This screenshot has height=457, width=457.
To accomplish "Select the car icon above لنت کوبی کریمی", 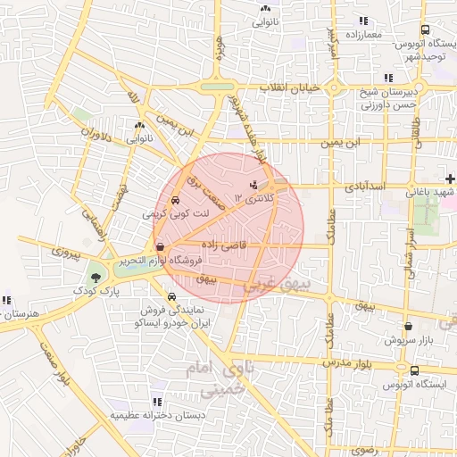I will coord(174,202).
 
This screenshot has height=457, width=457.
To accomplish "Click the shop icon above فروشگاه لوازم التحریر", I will coord(160,247).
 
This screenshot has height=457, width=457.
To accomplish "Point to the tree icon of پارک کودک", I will coord(96,278).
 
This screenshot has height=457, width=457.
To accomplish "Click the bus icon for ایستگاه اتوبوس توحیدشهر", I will coord(425,29).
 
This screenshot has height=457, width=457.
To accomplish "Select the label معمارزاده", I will coord(361,34).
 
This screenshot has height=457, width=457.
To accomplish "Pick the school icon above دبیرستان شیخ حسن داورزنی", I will coord(386,78).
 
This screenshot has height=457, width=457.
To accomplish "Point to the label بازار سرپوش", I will coord(407,341).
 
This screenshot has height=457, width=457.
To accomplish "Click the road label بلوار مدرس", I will coord(345,364).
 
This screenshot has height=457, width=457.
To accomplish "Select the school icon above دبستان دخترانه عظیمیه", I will coord(157,403).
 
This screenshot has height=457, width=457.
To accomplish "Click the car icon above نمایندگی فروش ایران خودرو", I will coord(170,296).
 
